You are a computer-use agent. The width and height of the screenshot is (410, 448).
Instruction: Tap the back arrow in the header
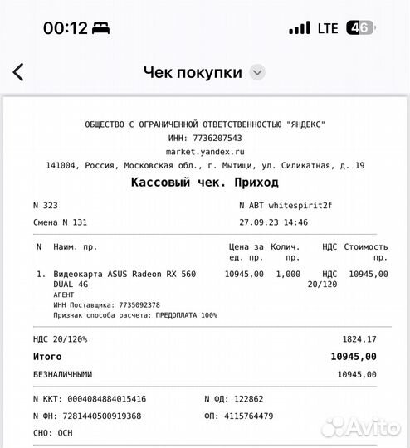(x=18, y=72)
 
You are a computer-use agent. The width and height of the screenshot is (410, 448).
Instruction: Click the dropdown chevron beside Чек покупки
(x=257, y=72)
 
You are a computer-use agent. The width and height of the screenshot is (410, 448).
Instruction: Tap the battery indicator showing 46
(x=359, y=27)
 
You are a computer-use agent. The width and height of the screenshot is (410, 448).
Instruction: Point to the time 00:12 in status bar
(x=66, y=27)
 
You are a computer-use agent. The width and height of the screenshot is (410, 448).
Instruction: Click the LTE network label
(x=328, y=27)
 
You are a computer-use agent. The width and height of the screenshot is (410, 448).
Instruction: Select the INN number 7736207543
(x=217, y=138)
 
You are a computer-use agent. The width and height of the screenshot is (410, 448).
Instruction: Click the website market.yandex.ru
(x=205, y=152)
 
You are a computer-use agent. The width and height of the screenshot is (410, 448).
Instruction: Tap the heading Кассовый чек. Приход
(x=205, y=182)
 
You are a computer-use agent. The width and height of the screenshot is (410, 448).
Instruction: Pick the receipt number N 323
(x=45, y=205)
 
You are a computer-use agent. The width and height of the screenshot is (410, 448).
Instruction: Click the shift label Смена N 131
(x=60, y=222)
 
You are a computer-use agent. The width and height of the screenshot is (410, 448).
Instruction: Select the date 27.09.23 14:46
(x=273, y=222)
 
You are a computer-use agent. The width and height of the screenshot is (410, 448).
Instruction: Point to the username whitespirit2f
(x=301, y=205)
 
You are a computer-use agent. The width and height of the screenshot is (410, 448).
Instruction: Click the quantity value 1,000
(x=288, y=274)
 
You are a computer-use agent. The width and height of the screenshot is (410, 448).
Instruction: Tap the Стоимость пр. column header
(x=366, y=251)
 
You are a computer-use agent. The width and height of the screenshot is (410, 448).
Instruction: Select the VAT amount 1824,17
(x=359, y=338)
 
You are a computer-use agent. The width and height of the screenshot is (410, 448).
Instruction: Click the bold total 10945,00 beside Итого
(x=353, y=356)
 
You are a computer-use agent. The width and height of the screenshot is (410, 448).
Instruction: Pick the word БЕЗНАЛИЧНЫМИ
(x=62, y=374)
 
